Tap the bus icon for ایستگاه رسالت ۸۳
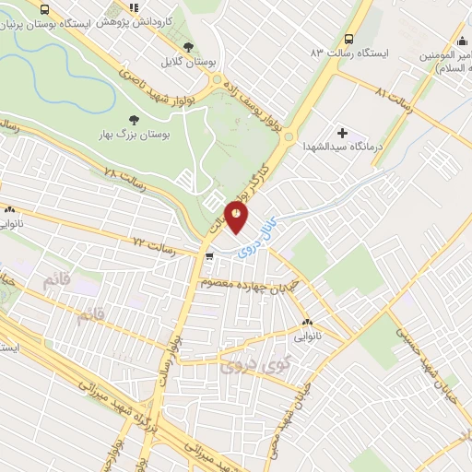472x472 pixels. pyautogui.click(x=348, y=39)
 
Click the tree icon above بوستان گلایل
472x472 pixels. pyautogui.click(x=190, y=47)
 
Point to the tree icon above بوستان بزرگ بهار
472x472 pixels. pyautogui.click(x=135, y=120)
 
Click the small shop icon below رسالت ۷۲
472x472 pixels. pyautogui.click(x=211, y=256)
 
